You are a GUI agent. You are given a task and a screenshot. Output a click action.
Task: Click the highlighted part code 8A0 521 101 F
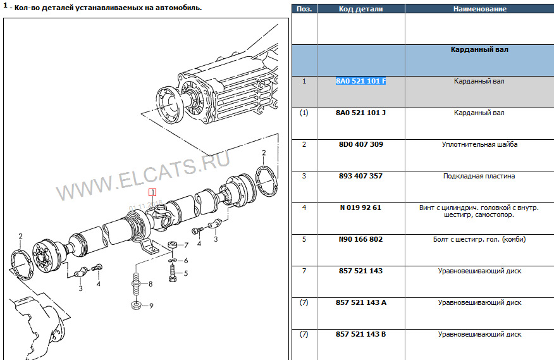(360, 81)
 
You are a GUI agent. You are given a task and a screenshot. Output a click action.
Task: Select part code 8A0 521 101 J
(360, 113)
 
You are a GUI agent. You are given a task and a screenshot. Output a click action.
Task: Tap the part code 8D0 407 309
(360, 144)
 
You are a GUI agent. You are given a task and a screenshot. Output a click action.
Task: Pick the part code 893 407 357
(360, 176)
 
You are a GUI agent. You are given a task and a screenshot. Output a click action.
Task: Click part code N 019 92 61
(360, 208)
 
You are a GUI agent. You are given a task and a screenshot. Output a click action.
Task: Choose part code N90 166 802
(360, 239)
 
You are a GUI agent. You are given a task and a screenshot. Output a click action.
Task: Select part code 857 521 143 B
(360, 334)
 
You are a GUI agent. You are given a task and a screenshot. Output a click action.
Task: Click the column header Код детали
(360, 9)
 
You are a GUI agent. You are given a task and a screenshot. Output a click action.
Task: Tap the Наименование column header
(480, 9)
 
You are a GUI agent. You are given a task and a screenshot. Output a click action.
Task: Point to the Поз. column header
(304, 9)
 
